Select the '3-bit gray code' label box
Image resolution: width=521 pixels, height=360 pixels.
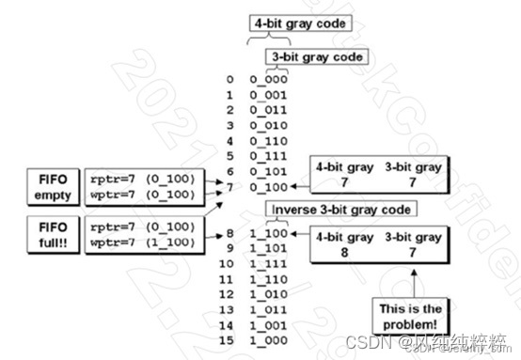coord(315,57)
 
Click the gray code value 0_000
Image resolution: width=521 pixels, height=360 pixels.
coord(269,81)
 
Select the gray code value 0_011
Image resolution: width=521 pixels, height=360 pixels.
coord(269,111)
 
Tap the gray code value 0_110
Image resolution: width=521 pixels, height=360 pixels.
coord(269,141)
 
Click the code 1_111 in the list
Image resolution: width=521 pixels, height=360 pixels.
coord(269,264)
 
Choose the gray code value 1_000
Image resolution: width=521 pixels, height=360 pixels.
coord(269,339)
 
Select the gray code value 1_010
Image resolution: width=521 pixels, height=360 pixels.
coord(269,294)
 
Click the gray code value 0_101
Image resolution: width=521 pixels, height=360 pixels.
coord(269,171)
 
